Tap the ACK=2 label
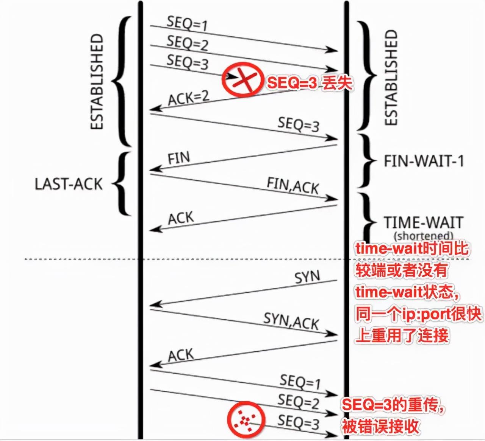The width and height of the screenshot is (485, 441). (x=188, y=98)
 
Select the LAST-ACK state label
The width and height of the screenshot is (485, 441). (x=69, y=184)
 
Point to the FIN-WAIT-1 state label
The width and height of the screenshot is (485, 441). (x=424, y=161)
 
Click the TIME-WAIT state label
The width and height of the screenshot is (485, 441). (x=423, y=222)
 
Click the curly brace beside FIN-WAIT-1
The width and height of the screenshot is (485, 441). (x=366, y=161)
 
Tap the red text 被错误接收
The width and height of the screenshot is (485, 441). (x=381, y=426)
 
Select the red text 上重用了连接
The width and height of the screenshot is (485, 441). (x=402, y=335)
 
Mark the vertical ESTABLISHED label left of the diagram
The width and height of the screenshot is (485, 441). (x=97, y=82)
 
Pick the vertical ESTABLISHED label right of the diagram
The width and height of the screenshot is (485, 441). (x=391, y=78)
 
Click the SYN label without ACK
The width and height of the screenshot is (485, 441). (x=307, y=277)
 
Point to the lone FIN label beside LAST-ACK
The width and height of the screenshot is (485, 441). (x=179, y=158)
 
